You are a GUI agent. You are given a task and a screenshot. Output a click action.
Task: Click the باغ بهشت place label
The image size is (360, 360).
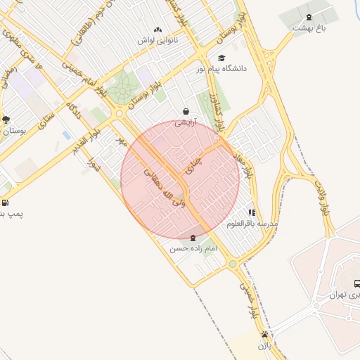coord(310,28)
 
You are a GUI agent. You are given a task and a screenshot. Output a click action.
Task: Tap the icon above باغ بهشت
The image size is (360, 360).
coord(309,17)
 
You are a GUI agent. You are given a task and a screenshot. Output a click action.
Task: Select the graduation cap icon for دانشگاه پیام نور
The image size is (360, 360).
coord(222,58)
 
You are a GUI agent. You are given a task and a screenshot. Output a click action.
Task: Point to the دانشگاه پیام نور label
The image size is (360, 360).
coord(226,68)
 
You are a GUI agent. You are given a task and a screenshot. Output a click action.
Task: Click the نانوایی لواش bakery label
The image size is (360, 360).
coord(157,40)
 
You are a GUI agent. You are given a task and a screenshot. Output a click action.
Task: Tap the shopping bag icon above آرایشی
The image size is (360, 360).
coord(186,111)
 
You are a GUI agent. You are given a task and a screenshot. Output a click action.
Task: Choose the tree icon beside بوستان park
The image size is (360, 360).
coord(6,120)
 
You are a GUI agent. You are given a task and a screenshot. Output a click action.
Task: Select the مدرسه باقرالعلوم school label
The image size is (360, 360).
coord(252,223)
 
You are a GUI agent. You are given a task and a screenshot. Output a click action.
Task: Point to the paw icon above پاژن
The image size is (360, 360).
coord(264,335)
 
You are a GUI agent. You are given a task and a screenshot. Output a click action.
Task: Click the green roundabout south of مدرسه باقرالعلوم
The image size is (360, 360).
coord(233,264)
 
